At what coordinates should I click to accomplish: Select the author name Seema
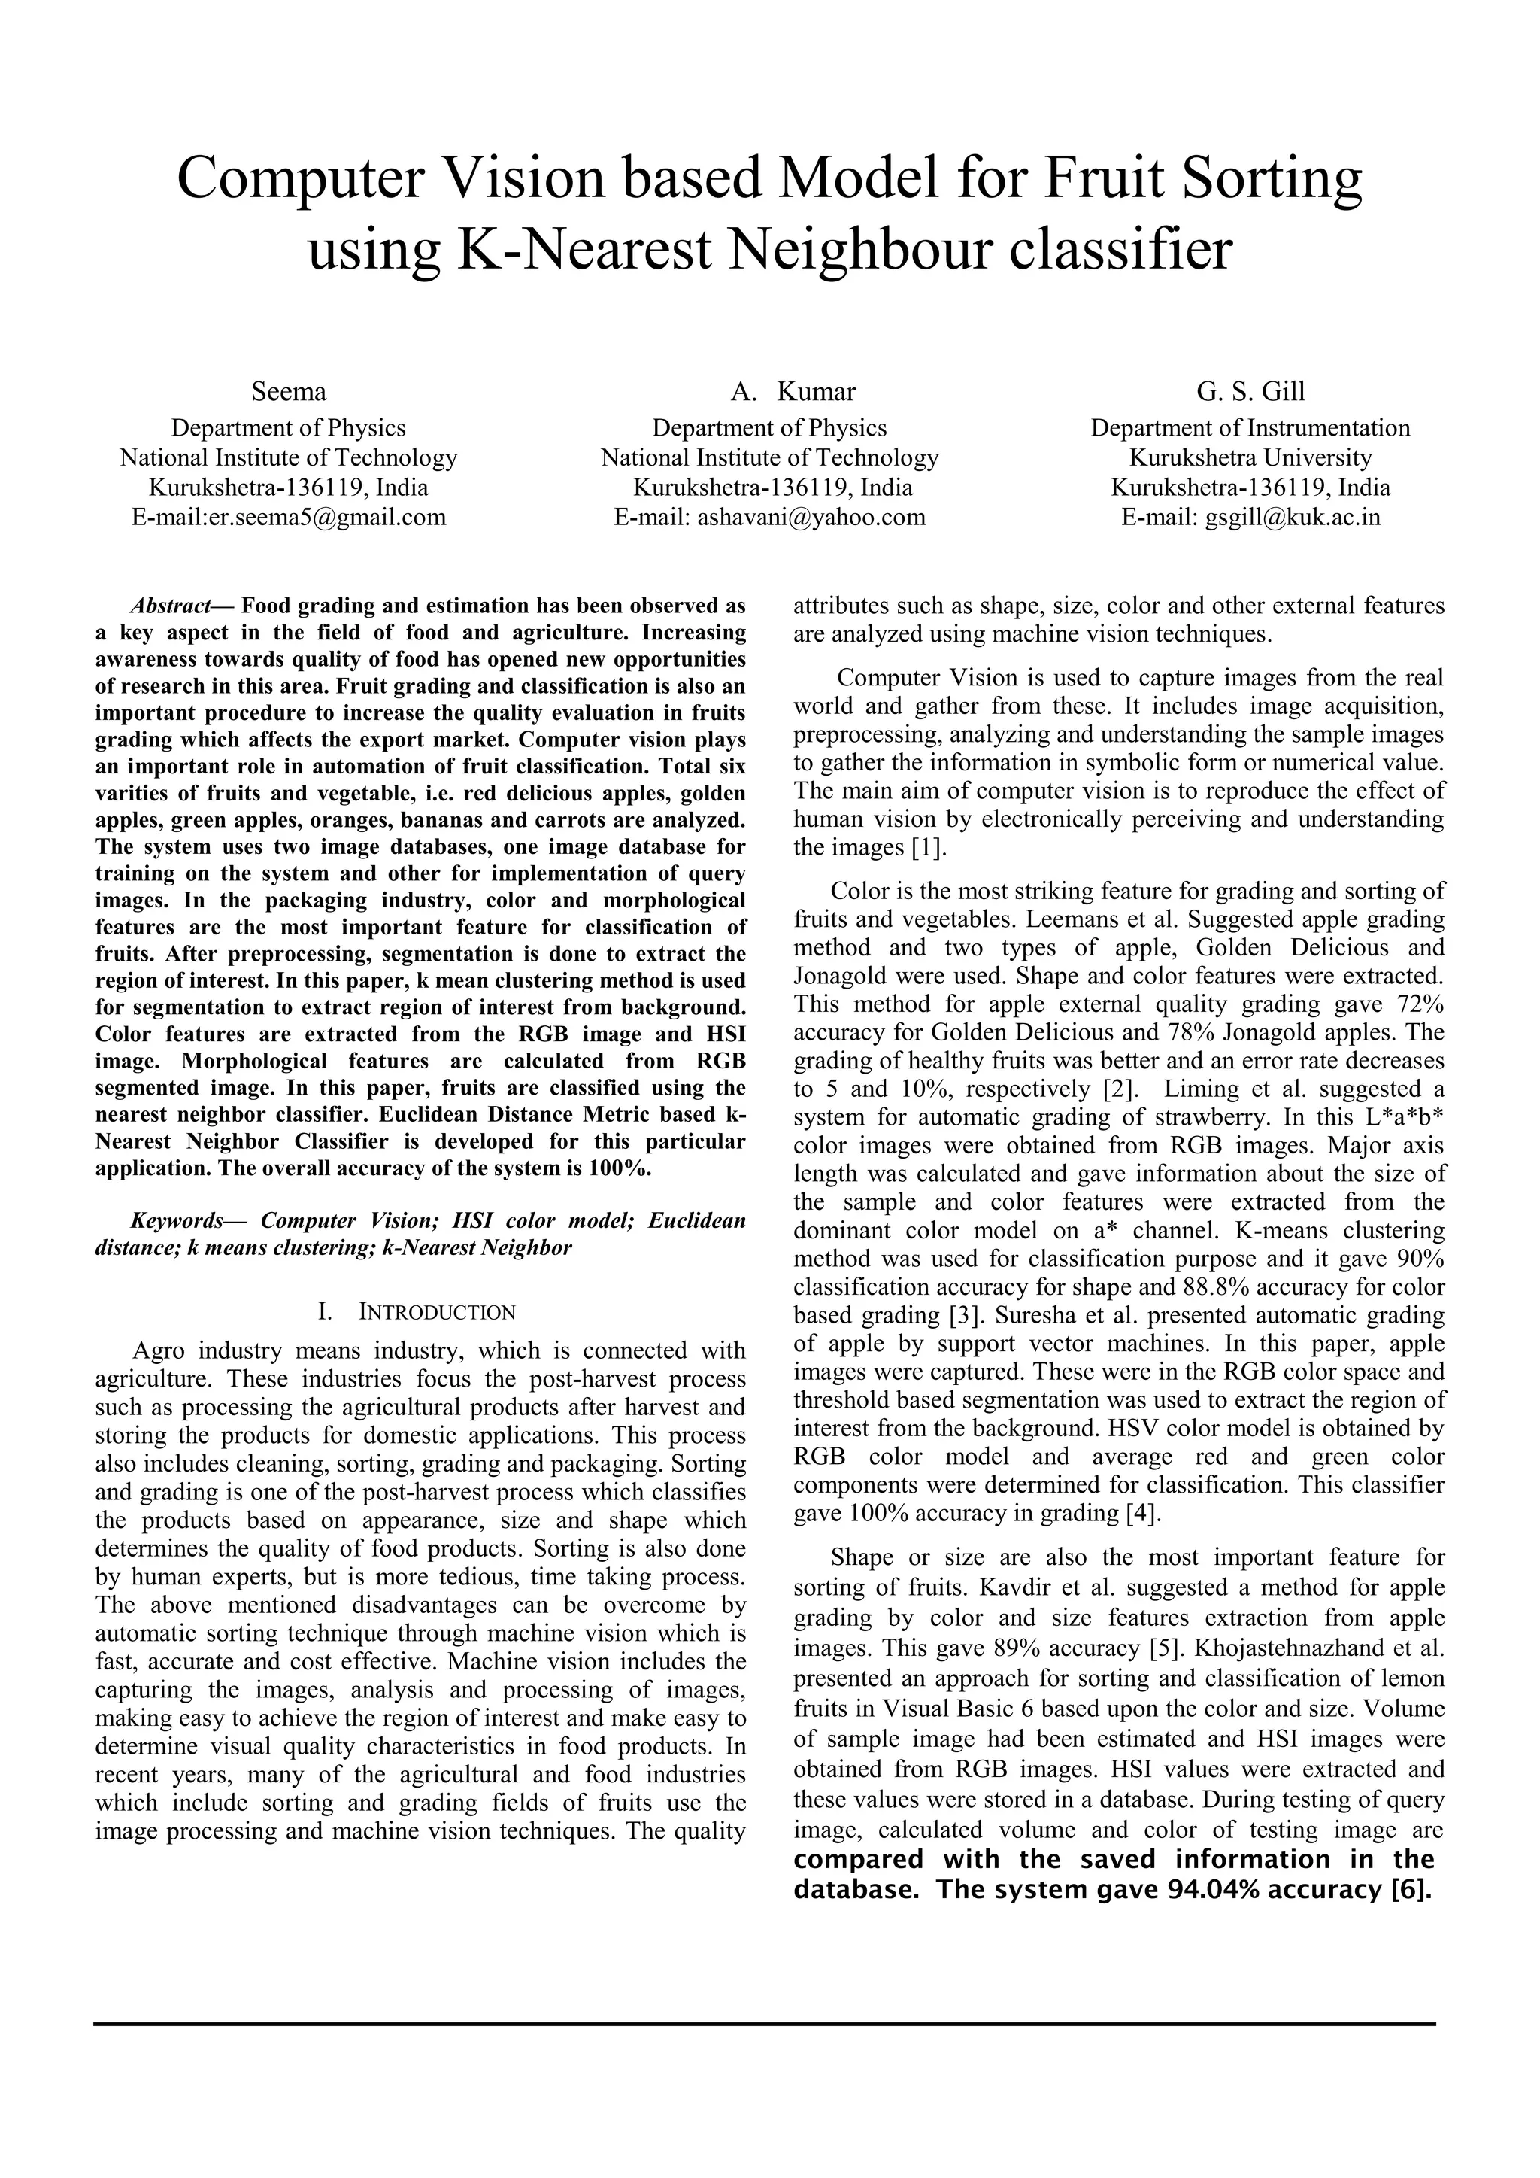click(x=288, y=392)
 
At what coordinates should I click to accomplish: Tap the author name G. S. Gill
click(x=1250, y=392)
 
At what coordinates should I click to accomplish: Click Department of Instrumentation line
click(x=1250, y=428)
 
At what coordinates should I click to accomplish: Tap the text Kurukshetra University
click(x=1250, y=458)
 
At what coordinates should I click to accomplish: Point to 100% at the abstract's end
click(x=618, y=1168)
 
